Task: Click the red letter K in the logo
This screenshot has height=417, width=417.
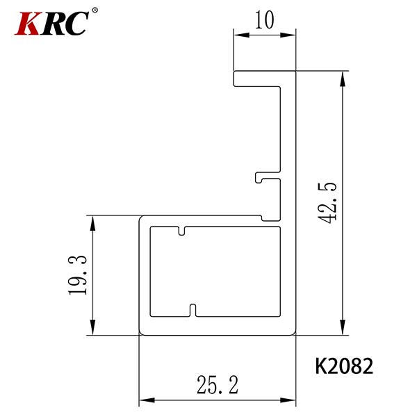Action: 28,24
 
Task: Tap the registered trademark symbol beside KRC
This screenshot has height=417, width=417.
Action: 95,10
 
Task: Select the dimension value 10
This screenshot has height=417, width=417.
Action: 264,20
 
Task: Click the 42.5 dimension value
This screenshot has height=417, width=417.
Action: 327,203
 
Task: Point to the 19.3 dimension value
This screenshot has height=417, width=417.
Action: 77,275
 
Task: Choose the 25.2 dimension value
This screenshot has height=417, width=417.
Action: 218,384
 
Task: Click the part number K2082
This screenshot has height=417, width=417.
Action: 344,366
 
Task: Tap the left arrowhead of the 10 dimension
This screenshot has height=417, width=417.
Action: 241,35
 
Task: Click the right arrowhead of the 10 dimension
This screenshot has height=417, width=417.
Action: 288,35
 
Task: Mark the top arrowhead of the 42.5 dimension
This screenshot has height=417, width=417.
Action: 343,79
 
